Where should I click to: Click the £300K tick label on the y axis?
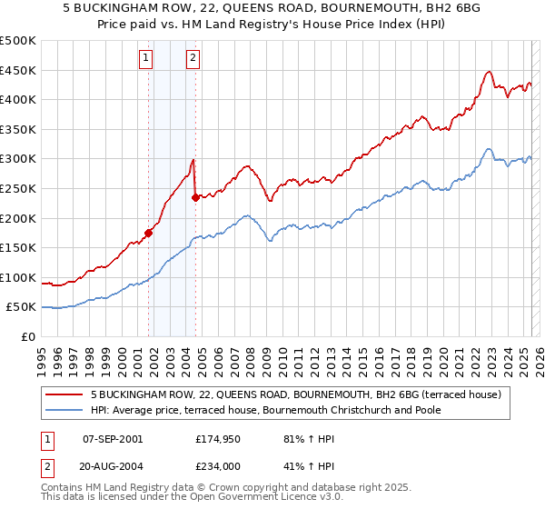17,159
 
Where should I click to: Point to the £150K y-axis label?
17,247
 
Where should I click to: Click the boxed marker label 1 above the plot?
146,59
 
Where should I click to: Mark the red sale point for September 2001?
149,233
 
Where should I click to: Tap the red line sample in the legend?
64,395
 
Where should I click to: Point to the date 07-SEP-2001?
113,439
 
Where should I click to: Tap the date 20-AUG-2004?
113,465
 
